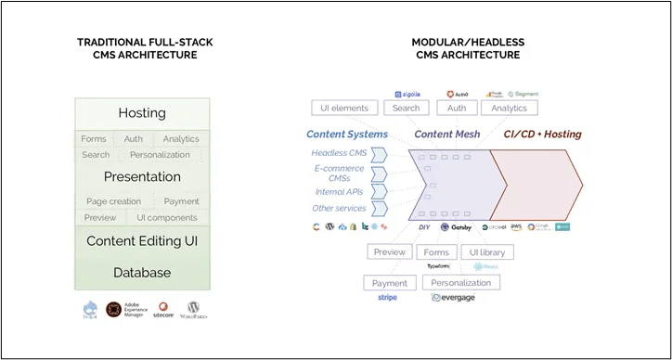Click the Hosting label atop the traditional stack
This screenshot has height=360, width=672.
click(141, 113)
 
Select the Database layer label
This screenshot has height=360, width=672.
click(141, 273)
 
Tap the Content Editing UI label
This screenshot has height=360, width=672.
click(141, 241)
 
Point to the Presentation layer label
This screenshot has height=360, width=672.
click(141, 176)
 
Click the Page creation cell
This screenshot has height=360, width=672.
click(113, 201)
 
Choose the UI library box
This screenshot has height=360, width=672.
click(486, 251)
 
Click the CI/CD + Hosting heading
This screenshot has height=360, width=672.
click(542, 135)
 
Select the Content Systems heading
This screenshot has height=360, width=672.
click(348, 135)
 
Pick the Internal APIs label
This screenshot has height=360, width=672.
click(338, 192)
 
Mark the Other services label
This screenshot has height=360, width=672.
click(338, 208)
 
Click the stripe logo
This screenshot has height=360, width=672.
click(389, 298)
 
